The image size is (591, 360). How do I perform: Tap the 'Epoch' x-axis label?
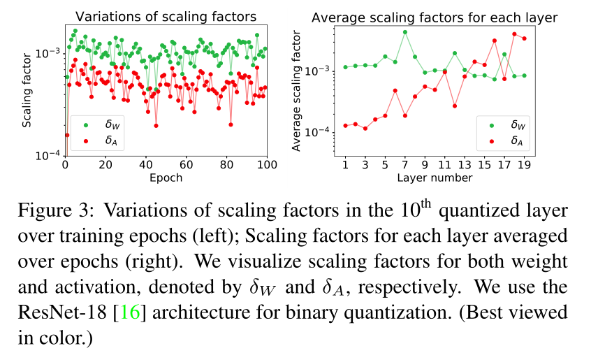(166, 178)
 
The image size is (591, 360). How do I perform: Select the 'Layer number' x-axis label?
(435, 178)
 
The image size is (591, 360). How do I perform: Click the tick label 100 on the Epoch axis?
(267, 164)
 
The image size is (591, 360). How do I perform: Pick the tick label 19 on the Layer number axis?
(524, 164)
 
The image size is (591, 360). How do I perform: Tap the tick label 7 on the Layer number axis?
(404, 164)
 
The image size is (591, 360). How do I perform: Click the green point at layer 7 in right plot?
(405, 32)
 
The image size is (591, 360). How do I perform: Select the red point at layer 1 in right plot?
(345, 126)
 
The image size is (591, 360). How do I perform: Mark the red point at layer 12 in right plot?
(455, 106)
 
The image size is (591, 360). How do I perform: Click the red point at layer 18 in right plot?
(515, 34)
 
